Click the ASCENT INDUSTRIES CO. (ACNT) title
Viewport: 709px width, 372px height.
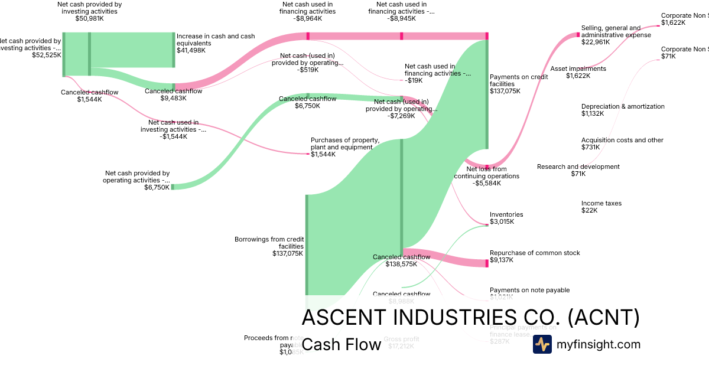470,318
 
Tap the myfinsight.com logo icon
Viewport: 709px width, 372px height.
542,344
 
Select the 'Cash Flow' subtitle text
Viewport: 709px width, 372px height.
341,345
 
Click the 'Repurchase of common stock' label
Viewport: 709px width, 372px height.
535,253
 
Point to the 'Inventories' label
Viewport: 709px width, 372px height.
506,214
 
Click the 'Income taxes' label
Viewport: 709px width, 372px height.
601,203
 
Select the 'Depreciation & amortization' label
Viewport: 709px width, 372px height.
623,106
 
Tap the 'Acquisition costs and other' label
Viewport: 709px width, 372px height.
622,140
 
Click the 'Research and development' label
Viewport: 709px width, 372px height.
578,167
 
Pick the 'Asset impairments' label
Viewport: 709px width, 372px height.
578,68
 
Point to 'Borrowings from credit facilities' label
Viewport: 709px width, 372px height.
269,243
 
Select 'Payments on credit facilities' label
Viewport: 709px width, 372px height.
510,80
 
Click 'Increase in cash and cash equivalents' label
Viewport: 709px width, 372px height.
216,40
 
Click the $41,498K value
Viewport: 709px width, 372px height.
191,51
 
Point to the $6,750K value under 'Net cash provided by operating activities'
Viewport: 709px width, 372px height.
157,187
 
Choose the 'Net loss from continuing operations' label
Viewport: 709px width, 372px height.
486,172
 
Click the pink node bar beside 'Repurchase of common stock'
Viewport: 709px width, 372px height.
487,261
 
